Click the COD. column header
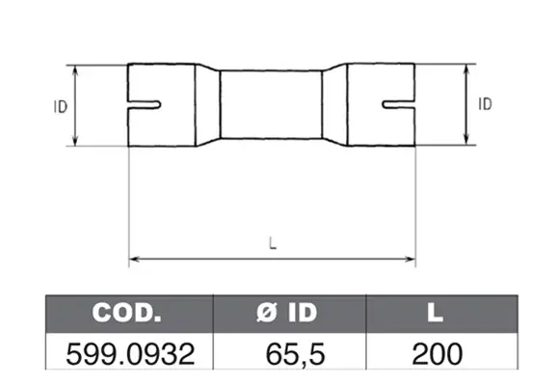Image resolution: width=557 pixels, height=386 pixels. click(x=126, y=313)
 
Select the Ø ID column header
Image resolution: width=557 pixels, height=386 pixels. click(x=286, y=313)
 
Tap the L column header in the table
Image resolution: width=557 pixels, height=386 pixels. click(x=436, y=313)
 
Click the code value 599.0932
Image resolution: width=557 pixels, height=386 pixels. click(x=130, y=354)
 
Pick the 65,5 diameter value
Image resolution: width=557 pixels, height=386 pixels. click(x=295, y=354)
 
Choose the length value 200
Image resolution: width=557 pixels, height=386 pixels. click(x=437, y=354)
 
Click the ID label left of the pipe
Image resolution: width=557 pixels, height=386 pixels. click(x=61, y=107)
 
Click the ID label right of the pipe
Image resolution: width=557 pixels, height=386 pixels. click(x=485, y=104)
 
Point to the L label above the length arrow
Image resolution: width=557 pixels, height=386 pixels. click(x=273, y=243)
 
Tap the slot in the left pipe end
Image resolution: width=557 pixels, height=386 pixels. click(x=145, y=105)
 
